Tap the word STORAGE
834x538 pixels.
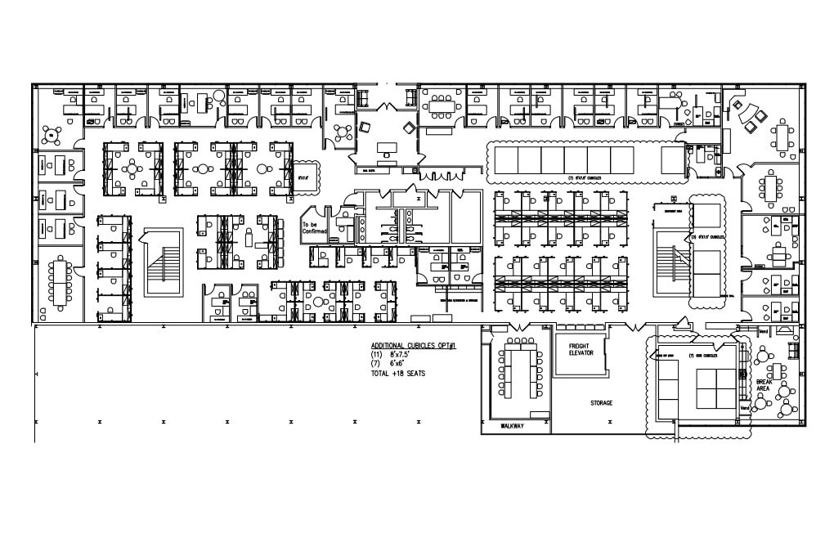tap(602, 403)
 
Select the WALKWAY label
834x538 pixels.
tap(513, 426)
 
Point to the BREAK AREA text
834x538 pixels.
tap(764, 385)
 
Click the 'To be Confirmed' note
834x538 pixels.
tap(314, 228)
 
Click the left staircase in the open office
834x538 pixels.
tap(163, 262)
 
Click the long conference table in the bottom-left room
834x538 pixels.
tap(59, 280)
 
